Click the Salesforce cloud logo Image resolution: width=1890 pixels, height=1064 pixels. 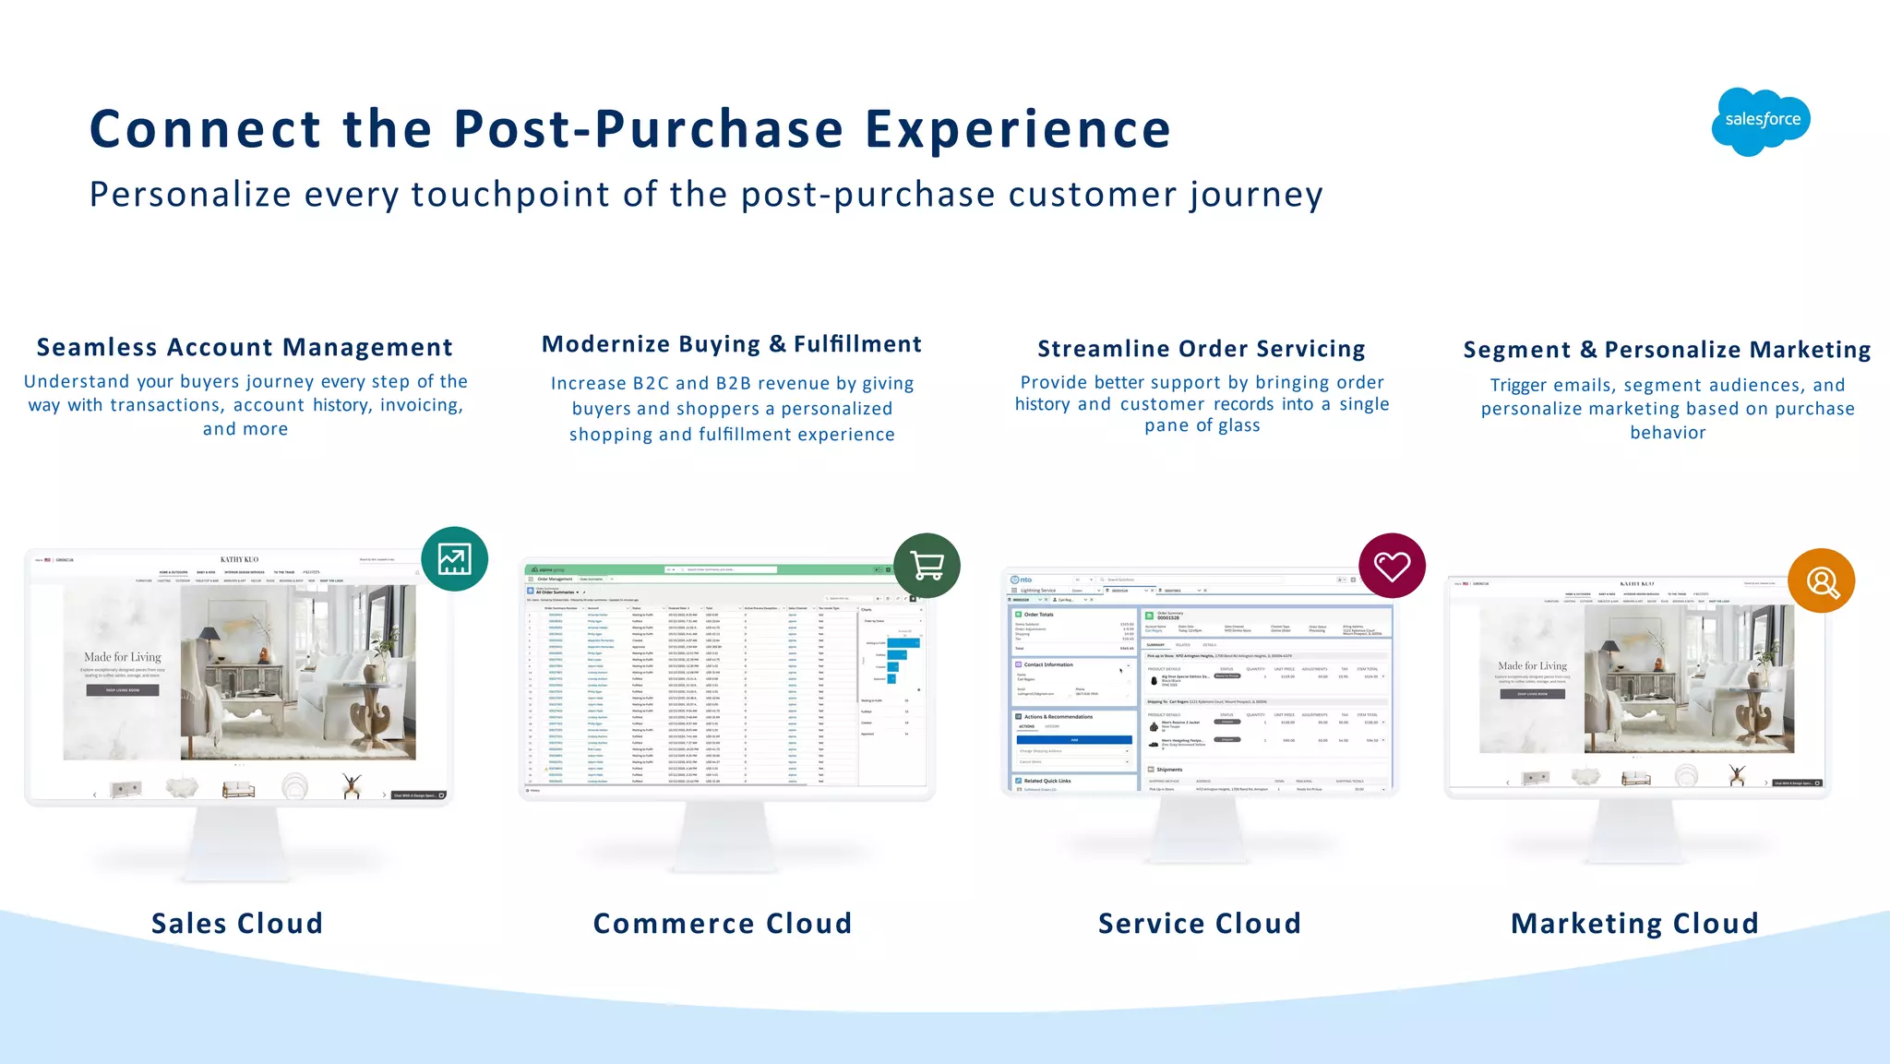coord(1761,121)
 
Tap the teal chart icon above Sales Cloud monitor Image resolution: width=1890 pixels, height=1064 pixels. coord(454,559)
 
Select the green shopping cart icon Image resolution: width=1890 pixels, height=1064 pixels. coord(927,566)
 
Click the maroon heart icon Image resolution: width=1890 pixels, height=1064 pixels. coord(1392,566)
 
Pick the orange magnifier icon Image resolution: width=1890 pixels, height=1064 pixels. coord(1821,581)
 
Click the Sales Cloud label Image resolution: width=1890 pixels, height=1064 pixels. coord(237,924)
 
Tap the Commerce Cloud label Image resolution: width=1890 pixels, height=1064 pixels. coord(723,924)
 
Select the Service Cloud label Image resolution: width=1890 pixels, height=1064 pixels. coord(1200,924)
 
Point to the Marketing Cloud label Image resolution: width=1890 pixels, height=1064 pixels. coord(1634,924)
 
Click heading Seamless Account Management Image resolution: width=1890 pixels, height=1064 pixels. coord(245,348)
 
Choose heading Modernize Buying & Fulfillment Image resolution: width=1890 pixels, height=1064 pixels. coord(732,344)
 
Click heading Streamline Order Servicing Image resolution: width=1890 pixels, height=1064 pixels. coord(1202,349)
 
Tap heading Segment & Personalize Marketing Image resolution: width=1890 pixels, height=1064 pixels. coord(1667,350)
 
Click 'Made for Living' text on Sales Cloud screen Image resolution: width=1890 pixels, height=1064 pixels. coord(123,657)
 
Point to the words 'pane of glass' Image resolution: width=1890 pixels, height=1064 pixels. coord(1202,425)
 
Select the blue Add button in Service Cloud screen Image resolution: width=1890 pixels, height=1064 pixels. coord(1073,740)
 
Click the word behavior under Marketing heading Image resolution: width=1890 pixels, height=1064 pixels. coord(1668,433)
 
